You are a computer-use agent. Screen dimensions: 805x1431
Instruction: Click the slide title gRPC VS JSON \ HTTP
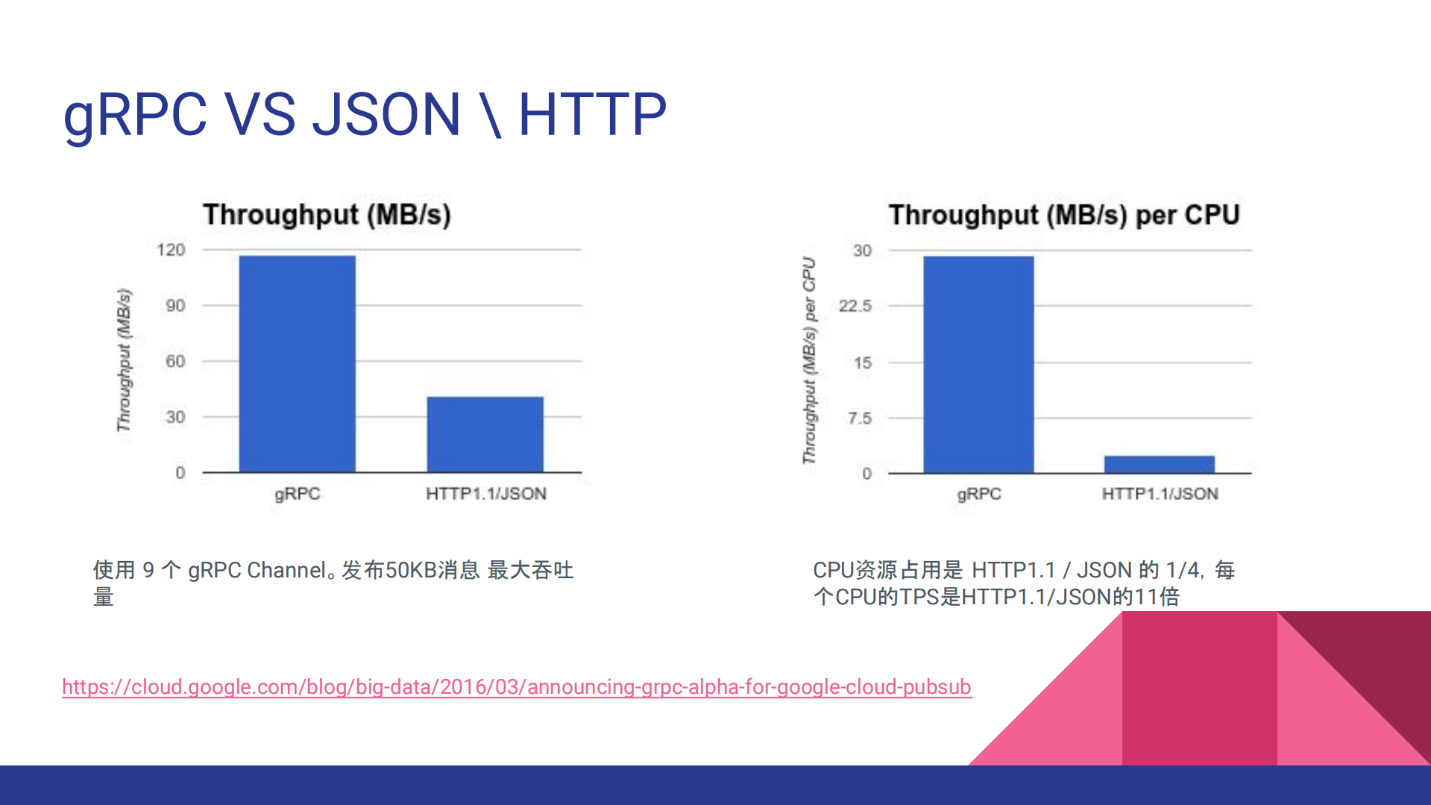tap(365, 115)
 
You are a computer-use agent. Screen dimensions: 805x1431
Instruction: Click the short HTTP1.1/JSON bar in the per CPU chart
tap(1159, 464)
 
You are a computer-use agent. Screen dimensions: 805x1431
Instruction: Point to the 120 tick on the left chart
tap(171, 250)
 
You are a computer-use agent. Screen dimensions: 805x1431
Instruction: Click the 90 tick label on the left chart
tap(175, 306)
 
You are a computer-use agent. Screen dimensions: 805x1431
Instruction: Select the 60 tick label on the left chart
tap(175, 362)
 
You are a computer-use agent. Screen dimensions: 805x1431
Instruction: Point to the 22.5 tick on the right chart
tap(855, 306)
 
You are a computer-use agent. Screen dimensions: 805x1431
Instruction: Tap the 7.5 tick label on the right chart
tap(859, 419)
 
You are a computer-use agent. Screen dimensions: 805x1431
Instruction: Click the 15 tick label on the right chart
tap(863, 363)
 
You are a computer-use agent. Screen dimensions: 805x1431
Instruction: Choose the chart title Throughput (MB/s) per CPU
tap(1063, 215)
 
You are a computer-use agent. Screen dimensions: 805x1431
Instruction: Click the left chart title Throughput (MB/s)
tap(327, 215)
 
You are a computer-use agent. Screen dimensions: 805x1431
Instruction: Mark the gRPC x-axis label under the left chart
tap(297, 494)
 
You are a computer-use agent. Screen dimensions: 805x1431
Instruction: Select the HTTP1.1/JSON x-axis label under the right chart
tap(1160, 494)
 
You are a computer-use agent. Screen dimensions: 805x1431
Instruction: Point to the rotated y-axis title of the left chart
tap(124, 360)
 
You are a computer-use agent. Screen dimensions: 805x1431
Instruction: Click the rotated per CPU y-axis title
tap(809, 360)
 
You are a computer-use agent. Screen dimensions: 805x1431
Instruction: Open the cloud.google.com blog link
tap(516, 686)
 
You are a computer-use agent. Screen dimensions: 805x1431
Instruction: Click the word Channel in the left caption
tap(287, 571)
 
